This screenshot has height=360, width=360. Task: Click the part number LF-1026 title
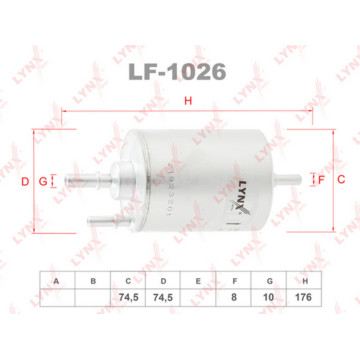(181, 72)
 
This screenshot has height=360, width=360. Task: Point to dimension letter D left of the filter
(25, 180)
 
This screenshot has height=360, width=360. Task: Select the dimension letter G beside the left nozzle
(42, 180)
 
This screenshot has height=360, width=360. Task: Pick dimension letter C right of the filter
(340, 180)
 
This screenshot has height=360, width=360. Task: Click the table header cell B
(92, 282)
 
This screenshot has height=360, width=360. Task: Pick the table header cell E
(199, 282)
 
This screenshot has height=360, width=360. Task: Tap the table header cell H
(305, 282)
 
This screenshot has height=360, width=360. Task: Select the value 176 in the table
(305, 298)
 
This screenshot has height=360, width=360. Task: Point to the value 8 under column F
(234, 298)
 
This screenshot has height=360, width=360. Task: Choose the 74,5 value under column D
(163, 298)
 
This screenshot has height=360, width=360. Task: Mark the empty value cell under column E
(199, 298)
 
